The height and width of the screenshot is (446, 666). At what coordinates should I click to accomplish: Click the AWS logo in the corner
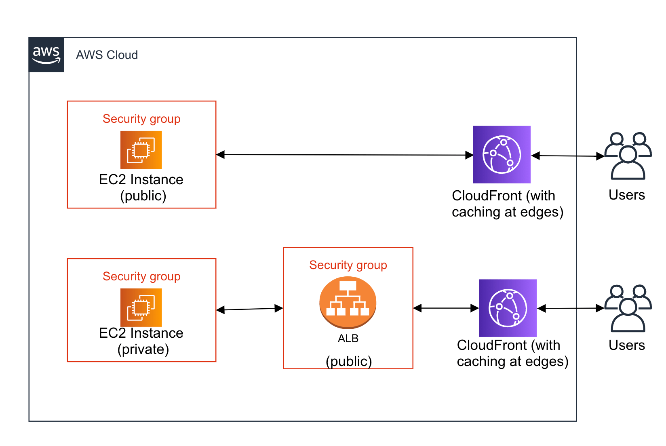46,55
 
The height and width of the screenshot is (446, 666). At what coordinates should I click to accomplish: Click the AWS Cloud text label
107,55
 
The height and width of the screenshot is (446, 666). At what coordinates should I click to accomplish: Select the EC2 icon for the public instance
141,150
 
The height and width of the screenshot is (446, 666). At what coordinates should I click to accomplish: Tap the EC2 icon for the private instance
141,307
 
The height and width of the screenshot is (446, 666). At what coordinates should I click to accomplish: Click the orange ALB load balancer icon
348,302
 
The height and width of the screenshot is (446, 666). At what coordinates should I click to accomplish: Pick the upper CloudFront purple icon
502,154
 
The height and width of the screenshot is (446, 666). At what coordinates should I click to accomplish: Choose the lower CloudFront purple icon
508,308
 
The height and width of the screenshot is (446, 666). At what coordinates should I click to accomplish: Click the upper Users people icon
628,156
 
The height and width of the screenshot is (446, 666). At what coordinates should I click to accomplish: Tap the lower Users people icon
628,309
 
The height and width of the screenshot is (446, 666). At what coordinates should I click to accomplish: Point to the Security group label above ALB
348,265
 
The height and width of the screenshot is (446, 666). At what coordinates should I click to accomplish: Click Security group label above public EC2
141,119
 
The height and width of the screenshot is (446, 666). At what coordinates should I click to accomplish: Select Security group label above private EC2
141,276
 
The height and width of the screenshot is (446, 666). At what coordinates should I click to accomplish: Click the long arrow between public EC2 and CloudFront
344,155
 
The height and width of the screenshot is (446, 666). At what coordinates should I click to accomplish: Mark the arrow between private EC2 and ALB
249,309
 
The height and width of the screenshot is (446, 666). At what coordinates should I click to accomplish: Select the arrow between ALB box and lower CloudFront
446,308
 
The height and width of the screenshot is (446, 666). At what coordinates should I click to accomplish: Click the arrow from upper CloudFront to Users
568,156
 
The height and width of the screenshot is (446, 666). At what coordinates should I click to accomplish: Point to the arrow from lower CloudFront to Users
571,309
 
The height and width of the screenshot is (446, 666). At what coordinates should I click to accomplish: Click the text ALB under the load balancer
348,339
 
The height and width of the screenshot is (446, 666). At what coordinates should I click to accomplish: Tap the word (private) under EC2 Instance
143,349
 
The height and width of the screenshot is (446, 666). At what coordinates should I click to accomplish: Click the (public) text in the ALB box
349,361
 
